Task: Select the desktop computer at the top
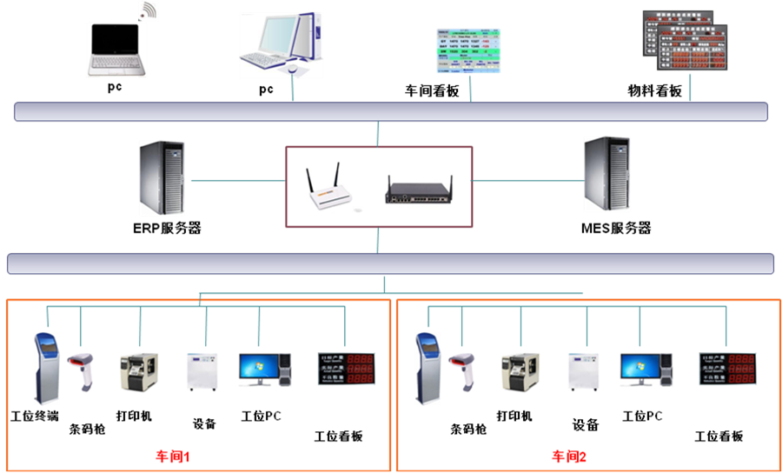[x=280, y=43]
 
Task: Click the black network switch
[x=419, y=190]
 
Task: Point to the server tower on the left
[x=162, y=178]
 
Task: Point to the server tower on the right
[x=606, y=175]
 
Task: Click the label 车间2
[x=570, y=456]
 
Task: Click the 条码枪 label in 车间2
[x=468, y=429]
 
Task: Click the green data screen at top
[x=468, y=50]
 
